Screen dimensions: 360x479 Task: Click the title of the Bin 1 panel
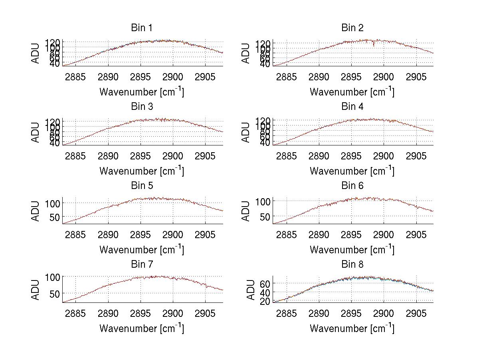[141, 28]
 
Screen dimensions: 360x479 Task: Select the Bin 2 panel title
[352, 28]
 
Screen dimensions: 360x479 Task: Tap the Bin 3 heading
[141, 107]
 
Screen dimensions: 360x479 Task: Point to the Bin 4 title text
[352, 107]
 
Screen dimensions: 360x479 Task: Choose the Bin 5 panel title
[141, 186]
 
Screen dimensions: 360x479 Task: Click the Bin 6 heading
[352, 186]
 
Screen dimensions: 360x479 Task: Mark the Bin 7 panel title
[141, 265]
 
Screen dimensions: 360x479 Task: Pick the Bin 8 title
[352, 265]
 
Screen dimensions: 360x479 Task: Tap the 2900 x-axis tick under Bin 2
[384, 77]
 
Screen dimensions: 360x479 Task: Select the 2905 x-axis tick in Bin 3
[206, 156]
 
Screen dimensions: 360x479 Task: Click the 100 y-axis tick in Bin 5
[53, 203]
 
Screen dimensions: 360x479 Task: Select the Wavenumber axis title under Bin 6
[352, 250]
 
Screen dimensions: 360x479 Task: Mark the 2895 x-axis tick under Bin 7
[141, 314]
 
